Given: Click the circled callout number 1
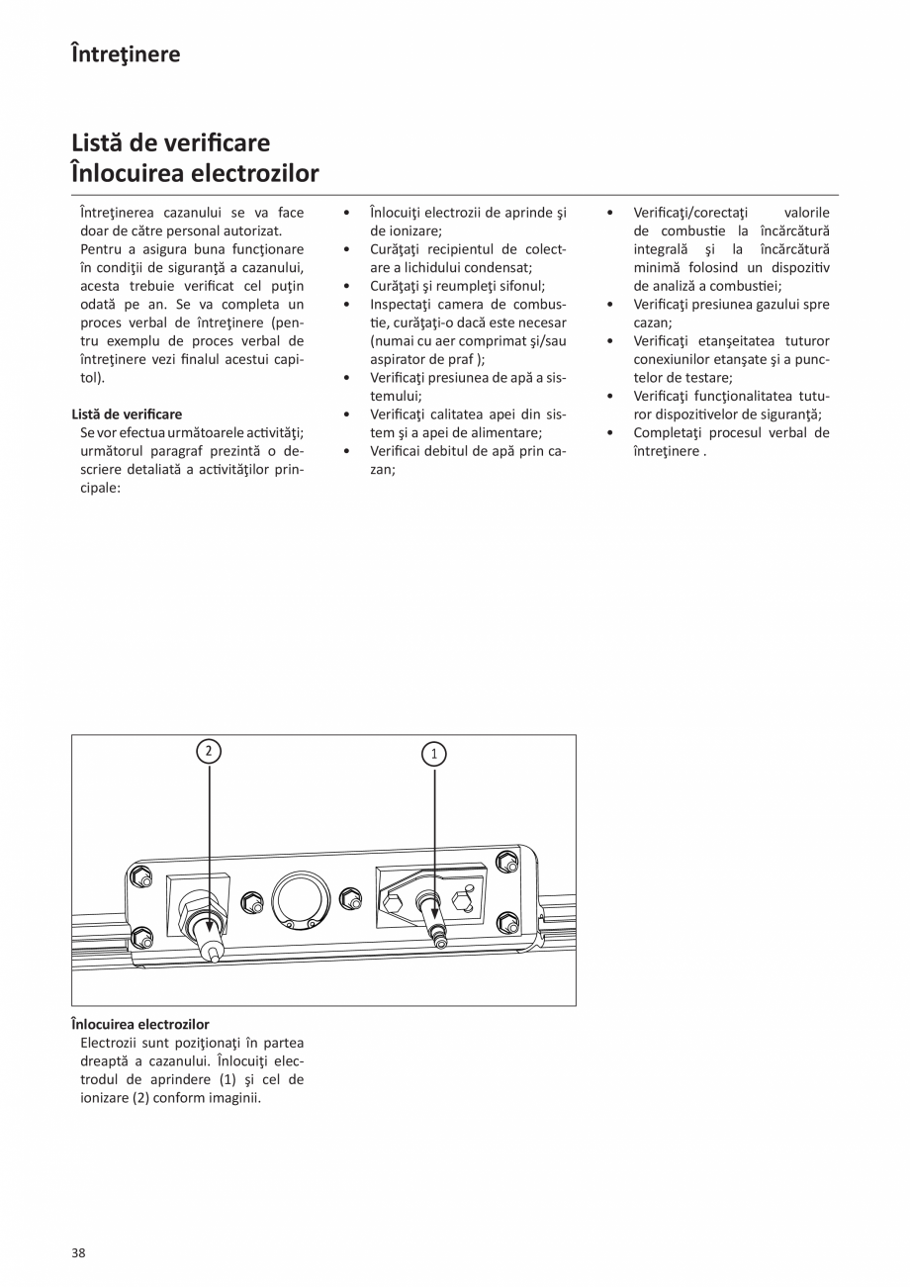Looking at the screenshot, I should pyautogui.click(x=434, y=754).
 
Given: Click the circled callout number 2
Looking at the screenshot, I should pyautogui.click(x=208, y=751).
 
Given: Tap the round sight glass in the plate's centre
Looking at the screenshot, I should pyautogui.click(x=295, y=897).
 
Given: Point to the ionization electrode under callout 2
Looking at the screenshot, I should pyautogui.click(x=209, y=936).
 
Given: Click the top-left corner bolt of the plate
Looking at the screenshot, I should pyautogui.click(x=140, y=876).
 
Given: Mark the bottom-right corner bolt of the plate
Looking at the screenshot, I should pyautogui.click(x=507, y=923).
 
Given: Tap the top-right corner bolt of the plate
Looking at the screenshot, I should pyautogui.click(x=507, y=860).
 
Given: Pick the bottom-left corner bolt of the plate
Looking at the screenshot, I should pyautogui.click(x=140, y=935).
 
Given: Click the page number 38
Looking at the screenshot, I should pyautogui.click(x=78, y=1253).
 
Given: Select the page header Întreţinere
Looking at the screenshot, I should pyautogui.click(x=126, y=53).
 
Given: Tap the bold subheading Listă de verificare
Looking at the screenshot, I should pyautogui.click(x=127, y=414).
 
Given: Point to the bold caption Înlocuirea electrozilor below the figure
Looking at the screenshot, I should pyautogui.click(x=140, y=1024).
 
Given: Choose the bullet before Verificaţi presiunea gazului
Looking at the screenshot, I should pyautogui.click(x=610, y=305).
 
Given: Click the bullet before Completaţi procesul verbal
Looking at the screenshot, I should pyautogui.click(x=610, y=433).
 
